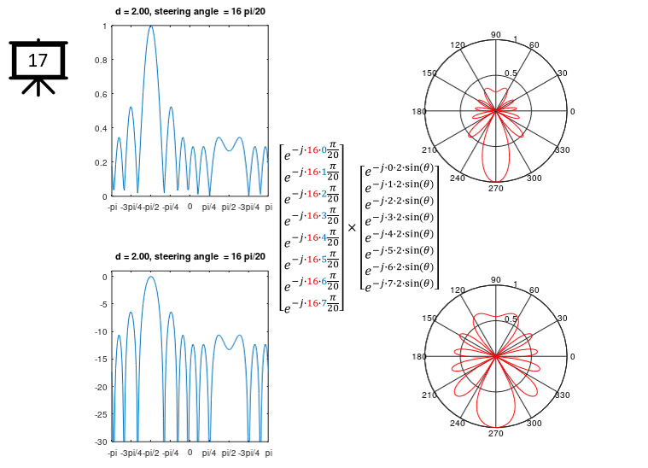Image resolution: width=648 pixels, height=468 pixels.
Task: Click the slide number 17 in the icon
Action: tap(38, 61)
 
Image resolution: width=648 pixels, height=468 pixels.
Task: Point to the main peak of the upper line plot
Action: tap(151, 26)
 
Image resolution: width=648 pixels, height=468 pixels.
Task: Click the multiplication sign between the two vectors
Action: tap(352, 228)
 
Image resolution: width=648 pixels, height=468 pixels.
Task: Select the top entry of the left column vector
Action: tap(312, 154)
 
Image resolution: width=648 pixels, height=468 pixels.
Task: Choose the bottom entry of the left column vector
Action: tap(312, 302)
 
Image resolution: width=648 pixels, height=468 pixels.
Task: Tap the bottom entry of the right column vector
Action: tap(399, 284)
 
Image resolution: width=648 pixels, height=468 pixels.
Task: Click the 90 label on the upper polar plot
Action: tap(496, 34)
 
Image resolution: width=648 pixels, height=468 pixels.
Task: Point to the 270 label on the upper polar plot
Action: tap(496, 189)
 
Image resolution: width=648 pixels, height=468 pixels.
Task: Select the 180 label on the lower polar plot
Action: tap(418, 357)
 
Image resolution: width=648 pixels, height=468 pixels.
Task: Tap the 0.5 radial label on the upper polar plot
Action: tap(511, 73)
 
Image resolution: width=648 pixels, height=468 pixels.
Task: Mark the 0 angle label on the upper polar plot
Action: tap(572, 112)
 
